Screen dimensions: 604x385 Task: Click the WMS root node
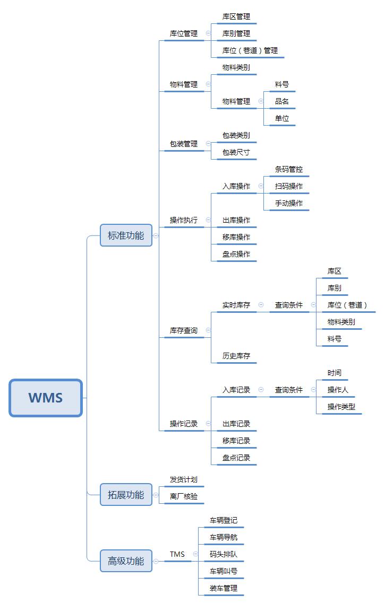[x=46, y=398]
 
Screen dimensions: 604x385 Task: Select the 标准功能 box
[x=126, y=235]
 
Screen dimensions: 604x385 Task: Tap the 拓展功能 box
[x=126, y=495]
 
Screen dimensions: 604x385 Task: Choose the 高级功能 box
[x=126, y=561]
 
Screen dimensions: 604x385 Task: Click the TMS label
[x=177, y=555]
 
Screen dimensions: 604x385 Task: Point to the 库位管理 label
[x=183, y=33]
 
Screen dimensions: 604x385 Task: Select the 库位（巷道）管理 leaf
[x=250, y=50]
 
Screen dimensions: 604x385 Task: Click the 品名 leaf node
[x=282, y=101]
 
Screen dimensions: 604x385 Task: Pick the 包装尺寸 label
[x=236, y=152]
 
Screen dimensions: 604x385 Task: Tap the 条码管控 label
[x=289, y=170]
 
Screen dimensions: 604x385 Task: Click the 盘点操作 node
[x=236, y=254]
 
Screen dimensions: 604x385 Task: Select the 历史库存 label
[x=236, y=356]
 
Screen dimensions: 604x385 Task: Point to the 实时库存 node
[x=236, y=305]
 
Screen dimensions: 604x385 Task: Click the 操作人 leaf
[x=338, y=390]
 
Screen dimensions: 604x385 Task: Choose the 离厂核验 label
[x=183, y=496]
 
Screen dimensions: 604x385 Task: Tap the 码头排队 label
[x=224, y=555]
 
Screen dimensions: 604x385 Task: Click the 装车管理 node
[x=224, y=588]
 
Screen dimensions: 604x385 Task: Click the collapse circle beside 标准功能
[x=156, y=235]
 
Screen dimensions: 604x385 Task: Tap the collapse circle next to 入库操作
[x=261, y=186]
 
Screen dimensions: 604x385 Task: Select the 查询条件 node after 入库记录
[x=289, y=390]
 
